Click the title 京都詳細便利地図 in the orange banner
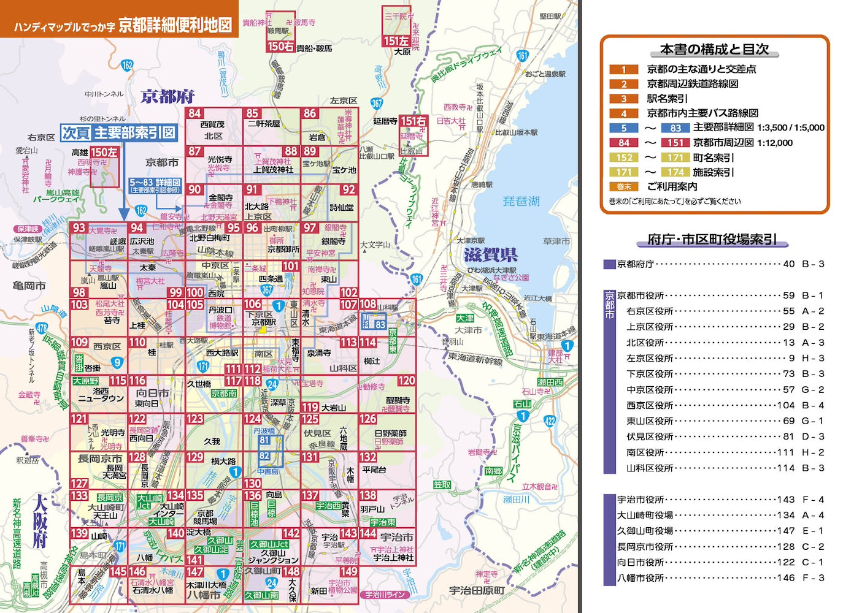[x=175, y=25]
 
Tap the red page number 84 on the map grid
[x=194, y=113]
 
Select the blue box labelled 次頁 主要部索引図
[x=119, y=133]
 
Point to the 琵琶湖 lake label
[x=521, y=202]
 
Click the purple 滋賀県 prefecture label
[x=490, y=254]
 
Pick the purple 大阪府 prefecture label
[x=40, y=521]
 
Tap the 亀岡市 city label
[x=29, y=286]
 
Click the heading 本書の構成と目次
[x=714, y=49]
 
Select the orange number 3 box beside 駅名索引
[x=624, y=99]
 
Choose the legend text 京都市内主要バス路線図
[x=702, y=113]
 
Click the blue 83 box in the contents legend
[x=675, y=128]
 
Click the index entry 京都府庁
[x=635, y=264]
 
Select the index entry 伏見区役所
[x=650, y=436]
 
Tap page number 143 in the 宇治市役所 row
[x=785, y=500]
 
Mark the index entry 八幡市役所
[x=640, y=577]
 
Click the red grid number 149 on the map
[x=348, y=572]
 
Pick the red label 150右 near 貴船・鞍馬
[x=280, y=46]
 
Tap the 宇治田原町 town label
[x=477, y=590]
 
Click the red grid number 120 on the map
[x=406, y=381]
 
